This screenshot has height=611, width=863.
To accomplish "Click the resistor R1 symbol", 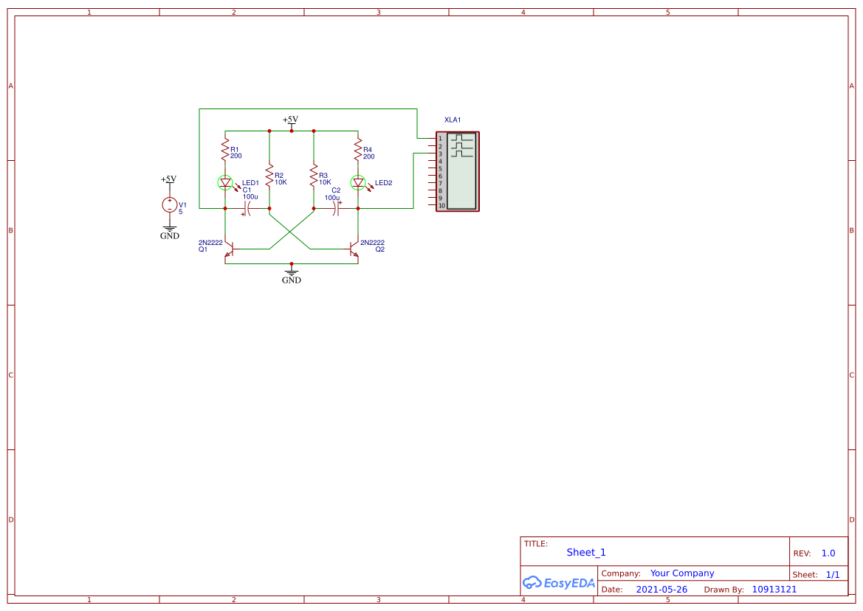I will click(x=225, y=152).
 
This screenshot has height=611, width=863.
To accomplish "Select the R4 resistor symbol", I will click(x=358, y=152).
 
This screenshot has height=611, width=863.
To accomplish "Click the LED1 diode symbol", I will click(x=226, y=182).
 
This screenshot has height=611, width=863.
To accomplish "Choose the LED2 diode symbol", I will click(x=359, y=182).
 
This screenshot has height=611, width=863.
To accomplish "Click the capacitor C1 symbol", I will click(x=247, y=209).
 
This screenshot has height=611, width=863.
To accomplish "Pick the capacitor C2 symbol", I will click(x=336, y=209).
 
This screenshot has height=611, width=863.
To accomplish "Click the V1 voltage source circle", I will click(x=170, y=205).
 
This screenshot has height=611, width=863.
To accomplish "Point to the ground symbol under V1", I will click(x=170, y=229).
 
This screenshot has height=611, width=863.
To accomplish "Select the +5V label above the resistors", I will click(x=290, y=120).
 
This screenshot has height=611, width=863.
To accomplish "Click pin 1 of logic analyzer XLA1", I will click(x=441, y=139).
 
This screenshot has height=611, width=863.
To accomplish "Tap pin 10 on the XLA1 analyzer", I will click(x=441, y=205).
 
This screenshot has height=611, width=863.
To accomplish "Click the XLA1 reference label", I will click(x=453, y=120).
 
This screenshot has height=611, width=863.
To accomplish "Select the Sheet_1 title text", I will click(x=586, y=553).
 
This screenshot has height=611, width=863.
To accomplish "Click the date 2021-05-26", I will click(x=661, y=590).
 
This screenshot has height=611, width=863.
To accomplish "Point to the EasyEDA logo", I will click(x=559, y=583).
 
